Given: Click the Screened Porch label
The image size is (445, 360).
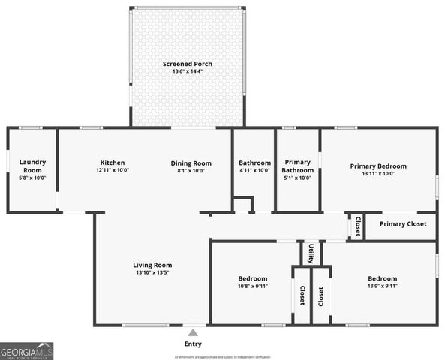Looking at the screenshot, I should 188,64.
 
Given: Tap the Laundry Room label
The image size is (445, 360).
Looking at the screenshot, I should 32,162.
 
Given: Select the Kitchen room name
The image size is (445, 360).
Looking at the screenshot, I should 113,163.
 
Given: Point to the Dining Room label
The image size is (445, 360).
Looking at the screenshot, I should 191,163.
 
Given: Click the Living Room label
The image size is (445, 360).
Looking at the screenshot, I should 152,265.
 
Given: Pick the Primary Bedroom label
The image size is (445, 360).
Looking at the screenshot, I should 378,166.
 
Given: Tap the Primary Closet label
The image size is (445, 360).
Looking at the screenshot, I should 402,224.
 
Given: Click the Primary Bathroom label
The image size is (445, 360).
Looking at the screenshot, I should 296,166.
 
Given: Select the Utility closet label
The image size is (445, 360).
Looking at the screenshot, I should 311,253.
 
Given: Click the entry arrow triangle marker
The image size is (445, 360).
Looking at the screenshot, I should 193,331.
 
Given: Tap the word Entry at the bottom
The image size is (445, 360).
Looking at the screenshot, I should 193,343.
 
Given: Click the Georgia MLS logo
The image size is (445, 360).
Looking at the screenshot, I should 26,351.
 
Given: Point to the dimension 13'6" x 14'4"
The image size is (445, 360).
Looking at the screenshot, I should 188,72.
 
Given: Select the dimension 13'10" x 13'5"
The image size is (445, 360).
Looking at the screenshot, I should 152,273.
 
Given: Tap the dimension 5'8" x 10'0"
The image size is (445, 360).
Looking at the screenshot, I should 32,178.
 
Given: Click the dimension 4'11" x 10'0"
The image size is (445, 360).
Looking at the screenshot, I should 254,170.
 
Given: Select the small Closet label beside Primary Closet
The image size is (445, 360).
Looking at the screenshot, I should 357,226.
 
